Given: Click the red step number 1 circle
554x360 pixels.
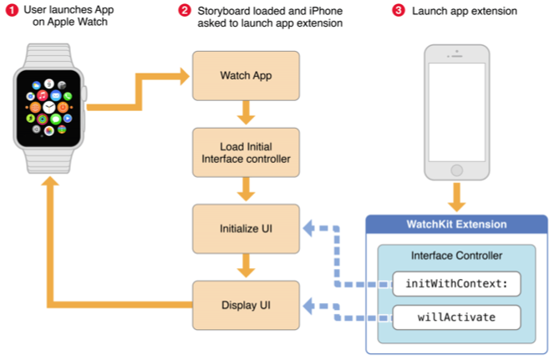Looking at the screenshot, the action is pos(12,10).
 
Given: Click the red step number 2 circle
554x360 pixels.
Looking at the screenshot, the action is pos(185,10).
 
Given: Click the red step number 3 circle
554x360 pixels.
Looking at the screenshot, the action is pos(399,10).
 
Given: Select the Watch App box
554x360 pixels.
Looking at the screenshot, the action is pos(246,76).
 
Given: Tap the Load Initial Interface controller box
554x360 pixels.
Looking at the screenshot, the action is pos(246,153).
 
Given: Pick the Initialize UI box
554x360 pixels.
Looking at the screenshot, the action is pos(246,229).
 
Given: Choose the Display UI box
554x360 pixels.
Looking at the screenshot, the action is pos(246,305).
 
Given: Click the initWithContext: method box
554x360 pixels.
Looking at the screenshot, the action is pos(456,284).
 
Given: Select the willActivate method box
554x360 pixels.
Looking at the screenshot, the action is pos(456,317).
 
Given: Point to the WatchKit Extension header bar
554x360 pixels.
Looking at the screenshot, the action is pos(456,225).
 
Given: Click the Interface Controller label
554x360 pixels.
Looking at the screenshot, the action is pos(456,256).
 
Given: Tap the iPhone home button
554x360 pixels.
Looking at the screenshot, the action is pos(457,170).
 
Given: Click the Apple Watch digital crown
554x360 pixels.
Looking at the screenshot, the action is pos(84,94).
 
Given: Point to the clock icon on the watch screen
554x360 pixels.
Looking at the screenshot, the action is pos(49,107).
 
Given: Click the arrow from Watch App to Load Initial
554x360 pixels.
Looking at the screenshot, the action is pos(246,113).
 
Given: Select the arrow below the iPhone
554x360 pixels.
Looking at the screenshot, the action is pos(457,197).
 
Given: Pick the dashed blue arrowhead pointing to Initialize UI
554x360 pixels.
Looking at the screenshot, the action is pos(309,228).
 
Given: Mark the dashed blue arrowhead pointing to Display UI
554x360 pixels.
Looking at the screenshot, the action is pos(309,306).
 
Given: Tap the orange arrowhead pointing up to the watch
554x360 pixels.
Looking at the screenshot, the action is pos(50,181).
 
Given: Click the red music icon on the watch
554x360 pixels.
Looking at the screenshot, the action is pos(43,95).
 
